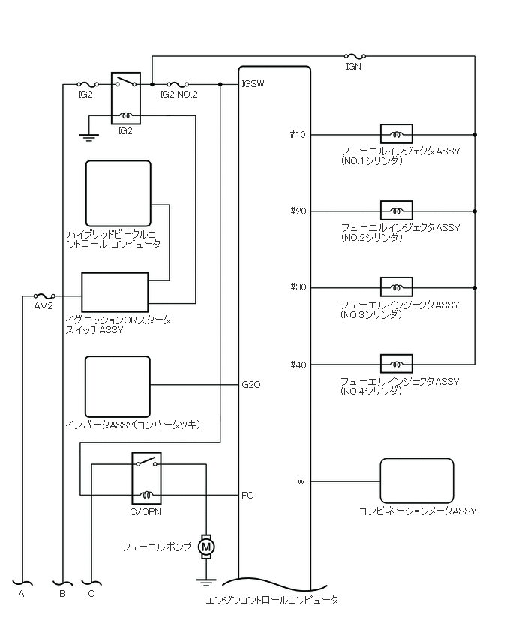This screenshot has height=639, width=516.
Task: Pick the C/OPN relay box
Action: click(145, 478)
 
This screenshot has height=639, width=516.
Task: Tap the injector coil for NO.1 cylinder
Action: click(396, 135)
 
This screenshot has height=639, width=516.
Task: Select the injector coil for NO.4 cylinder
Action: click(396, 364)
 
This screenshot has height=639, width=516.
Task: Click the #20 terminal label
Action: click(298, 211)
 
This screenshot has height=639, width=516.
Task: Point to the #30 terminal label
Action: click(298, 288)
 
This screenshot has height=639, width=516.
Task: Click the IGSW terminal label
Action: click(252, 84)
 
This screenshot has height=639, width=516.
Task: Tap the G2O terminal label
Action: click(250, 385)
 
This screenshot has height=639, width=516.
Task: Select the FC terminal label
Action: click(247, 496)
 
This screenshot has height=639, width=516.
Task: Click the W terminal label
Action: click(301, 481)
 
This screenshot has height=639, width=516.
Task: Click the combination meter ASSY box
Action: click(417, 481)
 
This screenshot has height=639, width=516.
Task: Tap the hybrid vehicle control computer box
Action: click(118, 193)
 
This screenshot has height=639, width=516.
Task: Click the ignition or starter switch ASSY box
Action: click(115, 292)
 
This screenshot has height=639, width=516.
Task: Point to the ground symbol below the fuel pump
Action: click(205, 580)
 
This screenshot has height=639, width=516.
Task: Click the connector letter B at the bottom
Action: click(62, 593)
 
